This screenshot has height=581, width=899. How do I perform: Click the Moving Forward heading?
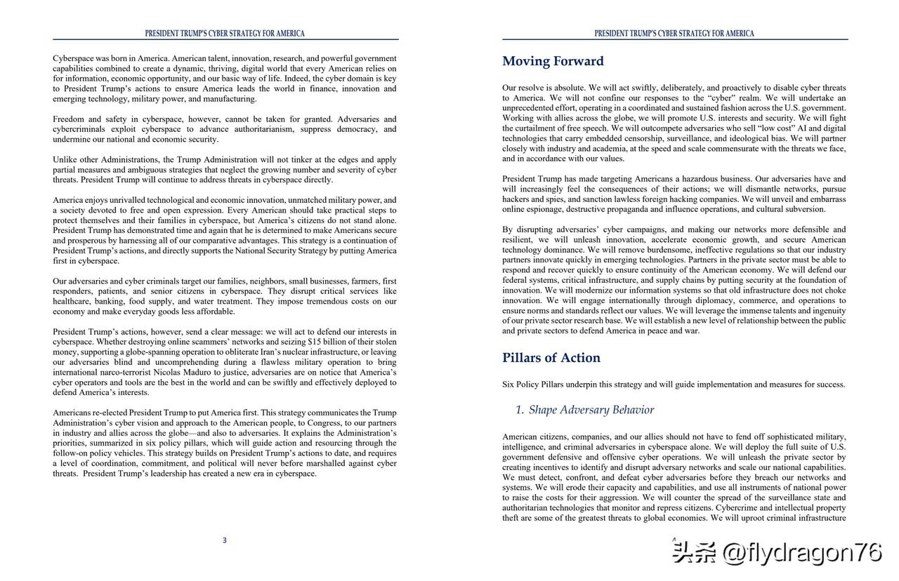[x=553, y=62]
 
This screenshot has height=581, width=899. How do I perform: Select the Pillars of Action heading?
[x=551, y=358]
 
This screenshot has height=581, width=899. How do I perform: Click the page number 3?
[x=225, y=540]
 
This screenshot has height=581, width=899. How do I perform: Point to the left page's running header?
[x=225, y=34]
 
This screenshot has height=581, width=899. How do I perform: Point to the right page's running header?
[x=674, y=34]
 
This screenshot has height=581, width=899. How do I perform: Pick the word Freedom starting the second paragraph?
[x=68, y=119]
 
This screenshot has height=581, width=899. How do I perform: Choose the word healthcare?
[x=72, y=302]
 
